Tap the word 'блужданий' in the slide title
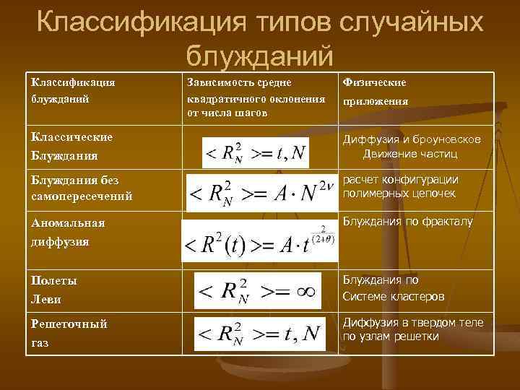[x=259, y=54]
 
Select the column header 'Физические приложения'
[x=375, y=92]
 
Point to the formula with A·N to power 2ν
[x=261, y=191]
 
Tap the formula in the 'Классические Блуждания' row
[x=256, y=152]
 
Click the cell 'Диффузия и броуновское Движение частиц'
[x=409, y=147]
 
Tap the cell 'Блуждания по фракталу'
[x=407, y=222]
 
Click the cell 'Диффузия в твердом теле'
[x=412, y=329]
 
